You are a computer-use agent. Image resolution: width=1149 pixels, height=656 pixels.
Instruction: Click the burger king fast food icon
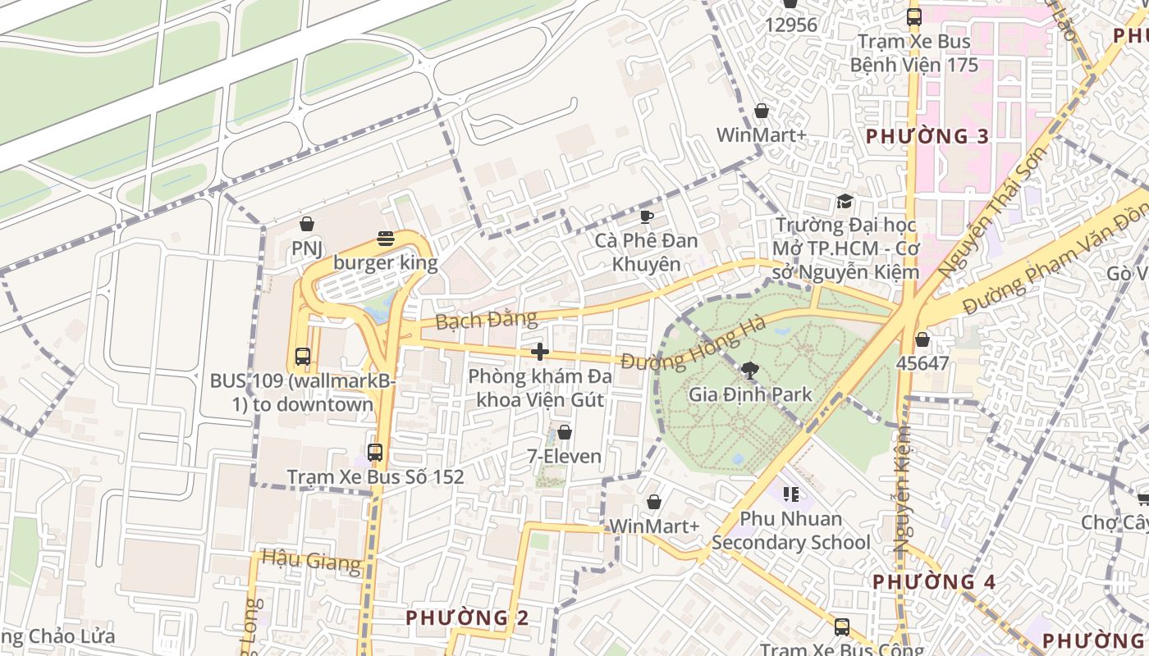coord(386,239)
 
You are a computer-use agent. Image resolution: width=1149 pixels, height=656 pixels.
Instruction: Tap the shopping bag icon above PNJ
coord(307,224)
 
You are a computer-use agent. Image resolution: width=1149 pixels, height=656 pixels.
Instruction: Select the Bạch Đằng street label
coord(486,319)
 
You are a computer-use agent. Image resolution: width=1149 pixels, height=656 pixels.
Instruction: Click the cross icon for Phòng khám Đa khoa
coord(539,352)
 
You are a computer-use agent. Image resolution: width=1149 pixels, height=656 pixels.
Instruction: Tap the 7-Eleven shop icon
coord(565,432)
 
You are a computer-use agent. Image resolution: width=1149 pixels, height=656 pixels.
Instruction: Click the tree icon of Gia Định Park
coord(749,370)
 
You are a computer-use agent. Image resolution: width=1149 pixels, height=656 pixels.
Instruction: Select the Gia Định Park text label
coord(750,394)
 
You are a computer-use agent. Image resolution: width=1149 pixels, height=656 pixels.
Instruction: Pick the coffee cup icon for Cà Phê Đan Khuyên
coord(647,216)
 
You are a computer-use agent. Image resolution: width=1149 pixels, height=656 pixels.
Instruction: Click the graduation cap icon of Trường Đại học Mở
coord(845,201)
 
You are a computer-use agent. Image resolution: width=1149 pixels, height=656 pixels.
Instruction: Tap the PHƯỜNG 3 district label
coord(927,136)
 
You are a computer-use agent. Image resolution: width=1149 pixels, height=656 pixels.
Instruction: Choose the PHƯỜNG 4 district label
coord(933,582)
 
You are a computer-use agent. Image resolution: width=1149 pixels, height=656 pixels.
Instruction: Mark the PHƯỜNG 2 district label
coord(467,617)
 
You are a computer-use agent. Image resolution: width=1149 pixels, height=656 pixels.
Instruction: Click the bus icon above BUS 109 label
coord(303,357)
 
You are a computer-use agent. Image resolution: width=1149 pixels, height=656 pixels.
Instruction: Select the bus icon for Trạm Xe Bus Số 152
coord(375,452)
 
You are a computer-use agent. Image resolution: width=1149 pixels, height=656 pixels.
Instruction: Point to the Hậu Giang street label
coord(311,562)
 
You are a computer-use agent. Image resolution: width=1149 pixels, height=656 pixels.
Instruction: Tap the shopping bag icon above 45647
coord(922,339)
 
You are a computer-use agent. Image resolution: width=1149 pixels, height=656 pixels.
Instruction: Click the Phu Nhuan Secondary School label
coord(791,531)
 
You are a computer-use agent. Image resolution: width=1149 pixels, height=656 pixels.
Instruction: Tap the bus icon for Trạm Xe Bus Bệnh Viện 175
coord(914,17)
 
